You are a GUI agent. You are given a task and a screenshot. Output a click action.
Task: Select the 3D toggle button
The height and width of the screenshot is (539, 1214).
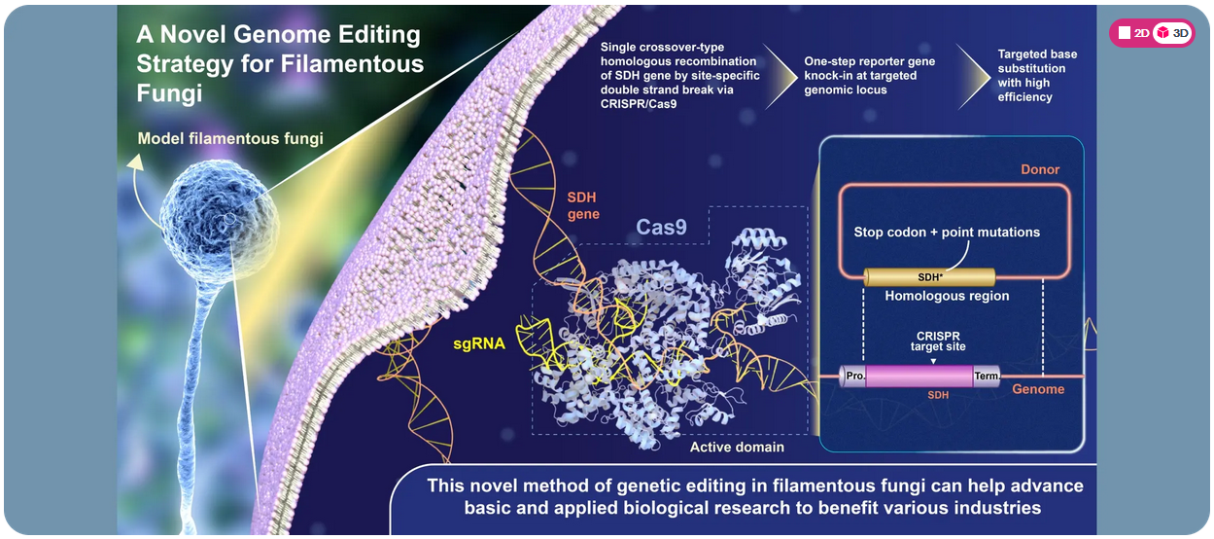(x=1172, y=33)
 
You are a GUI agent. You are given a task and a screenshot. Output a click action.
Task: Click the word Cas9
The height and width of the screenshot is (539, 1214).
(x=662, y=227)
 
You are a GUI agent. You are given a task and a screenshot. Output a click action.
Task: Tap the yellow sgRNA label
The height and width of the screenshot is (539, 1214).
(x=479, y=342)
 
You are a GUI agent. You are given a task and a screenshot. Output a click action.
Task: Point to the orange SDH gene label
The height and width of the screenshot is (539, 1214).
(x=583, y=205)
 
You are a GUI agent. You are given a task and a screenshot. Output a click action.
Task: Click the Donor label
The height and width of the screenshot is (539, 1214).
(x=1039, y=169)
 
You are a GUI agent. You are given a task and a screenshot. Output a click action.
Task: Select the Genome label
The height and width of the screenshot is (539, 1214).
(x=1038, y=389)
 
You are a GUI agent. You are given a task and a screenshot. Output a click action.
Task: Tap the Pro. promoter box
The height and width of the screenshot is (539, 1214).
(x=854, y=376)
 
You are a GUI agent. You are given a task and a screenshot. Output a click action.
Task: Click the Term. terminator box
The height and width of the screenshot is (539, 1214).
(x=986, y=376)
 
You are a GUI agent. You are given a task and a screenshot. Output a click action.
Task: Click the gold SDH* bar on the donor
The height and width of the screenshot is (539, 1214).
(x=929, y=276)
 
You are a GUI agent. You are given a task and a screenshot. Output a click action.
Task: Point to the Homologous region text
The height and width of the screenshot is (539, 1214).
(x=947, y=296)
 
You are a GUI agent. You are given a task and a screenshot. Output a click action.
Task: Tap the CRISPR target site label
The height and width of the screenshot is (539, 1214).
(x=934, y=341)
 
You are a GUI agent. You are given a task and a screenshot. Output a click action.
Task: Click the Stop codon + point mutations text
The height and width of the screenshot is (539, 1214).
(x=947, y=233)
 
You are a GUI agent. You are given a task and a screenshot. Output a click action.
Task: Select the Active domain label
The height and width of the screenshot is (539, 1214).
(x=737, y=448)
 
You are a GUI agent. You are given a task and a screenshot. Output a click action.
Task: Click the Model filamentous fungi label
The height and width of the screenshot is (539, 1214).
(x=230, y=138)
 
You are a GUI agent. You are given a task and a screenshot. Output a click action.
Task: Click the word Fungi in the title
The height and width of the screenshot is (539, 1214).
(x=170, y=93)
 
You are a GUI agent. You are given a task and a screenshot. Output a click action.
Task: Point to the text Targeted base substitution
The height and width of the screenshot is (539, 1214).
(x=1031, y=62)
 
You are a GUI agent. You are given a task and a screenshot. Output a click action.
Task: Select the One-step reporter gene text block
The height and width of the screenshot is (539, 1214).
(x=869, y=75)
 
